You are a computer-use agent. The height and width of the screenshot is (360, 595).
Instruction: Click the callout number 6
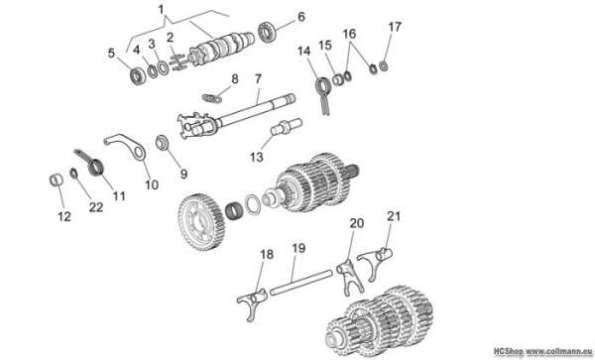(300, 17)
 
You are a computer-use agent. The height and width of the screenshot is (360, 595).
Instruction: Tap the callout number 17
(395, 28)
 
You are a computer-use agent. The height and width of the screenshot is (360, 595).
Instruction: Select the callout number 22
(96, 207)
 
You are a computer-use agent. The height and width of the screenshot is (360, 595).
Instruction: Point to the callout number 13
(257, 157)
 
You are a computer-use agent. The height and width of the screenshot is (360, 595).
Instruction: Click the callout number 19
(298, 249)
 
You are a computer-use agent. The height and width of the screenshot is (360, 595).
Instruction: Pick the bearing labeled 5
(138, 76)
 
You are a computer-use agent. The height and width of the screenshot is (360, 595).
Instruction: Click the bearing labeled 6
(268, 33)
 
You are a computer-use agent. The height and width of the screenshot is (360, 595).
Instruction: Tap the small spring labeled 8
(212, 98)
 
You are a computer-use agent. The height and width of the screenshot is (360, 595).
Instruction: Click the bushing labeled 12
(57, 180)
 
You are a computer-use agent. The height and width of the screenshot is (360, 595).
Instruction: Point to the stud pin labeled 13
(287, 126)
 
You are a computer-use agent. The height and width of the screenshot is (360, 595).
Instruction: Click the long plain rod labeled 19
(301, 282)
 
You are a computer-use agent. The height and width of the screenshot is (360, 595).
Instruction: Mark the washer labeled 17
(384, 66)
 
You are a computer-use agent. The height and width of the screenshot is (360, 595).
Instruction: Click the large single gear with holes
(201, 222)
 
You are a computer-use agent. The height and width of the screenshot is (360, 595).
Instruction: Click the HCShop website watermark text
(543, 351)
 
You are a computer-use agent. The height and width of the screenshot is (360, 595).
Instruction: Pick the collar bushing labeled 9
(162, 142)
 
